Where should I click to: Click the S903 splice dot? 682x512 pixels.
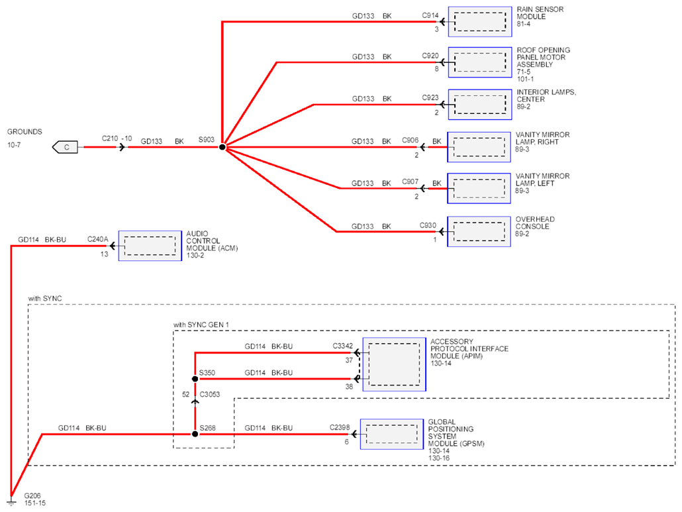pos(222,147)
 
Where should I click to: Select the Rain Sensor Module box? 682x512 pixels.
pos(480,21)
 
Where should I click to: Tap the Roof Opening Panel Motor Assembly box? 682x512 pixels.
pos(480,62)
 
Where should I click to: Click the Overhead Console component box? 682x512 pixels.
pos(479,231)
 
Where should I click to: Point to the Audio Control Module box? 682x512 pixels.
pos(150,246)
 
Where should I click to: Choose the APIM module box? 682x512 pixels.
pos(394,364)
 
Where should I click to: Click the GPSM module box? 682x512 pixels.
pos(392,434)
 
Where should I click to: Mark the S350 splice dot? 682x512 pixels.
pos(195,379)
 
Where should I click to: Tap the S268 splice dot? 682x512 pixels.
pos(195,434)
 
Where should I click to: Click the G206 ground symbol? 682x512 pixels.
pos(11,501)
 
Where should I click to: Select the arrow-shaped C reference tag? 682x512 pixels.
pos(65,147)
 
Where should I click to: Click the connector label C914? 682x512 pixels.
pos(430,15)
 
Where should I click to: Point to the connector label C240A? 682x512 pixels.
pos(98,239)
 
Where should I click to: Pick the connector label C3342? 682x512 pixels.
pos(343,346)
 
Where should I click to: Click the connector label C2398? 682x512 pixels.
pos(340,427)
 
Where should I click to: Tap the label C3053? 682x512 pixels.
pos(210,394)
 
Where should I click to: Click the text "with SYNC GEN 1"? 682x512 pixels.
pos(201,325)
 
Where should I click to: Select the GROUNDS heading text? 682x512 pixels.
pos(24,132)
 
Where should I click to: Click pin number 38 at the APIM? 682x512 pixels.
pos(349,386)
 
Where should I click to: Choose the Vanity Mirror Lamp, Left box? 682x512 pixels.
pos(479,188)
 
